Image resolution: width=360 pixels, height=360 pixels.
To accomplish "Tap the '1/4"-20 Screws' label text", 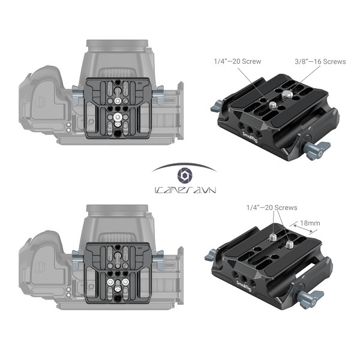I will [x=272, y=208].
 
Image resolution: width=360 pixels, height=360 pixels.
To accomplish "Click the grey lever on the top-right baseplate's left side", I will [x=214, y=110].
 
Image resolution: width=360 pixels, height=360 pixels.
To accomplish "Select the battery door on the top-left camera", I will [x=46, y=99].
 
